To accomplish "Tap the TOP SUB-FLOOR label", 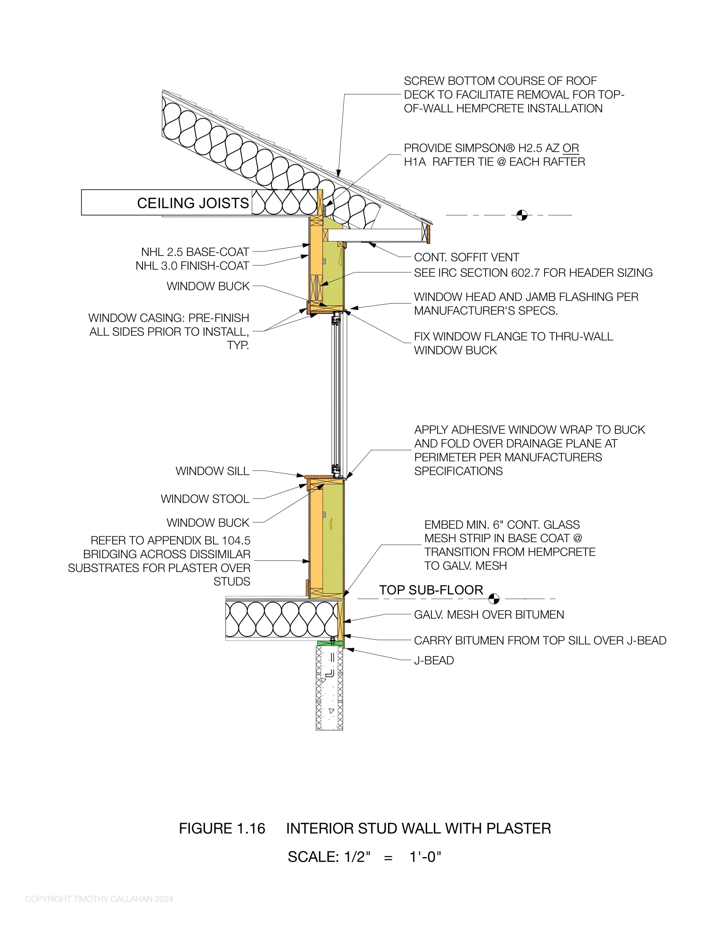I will tap(431, 590).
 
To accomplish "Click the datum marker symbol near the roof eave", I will tap(522, 215).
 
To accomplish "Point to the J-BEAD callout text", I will tap(434, 661).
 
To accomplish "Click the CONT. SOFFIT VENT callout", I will tap(467, 257).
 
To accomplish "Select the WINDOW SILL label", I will tap(213, 471).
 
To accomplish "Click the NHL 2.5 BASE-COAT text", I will tap(195, 252).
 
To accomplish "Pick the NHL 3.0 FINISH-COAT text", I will tap(192, 266).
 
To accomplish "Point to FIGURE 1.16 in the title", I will tap(222, 828).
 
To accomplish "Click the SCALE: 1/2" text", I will tap(329, 857).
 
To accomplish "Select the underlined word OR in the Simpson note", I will tap(571, 148).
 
